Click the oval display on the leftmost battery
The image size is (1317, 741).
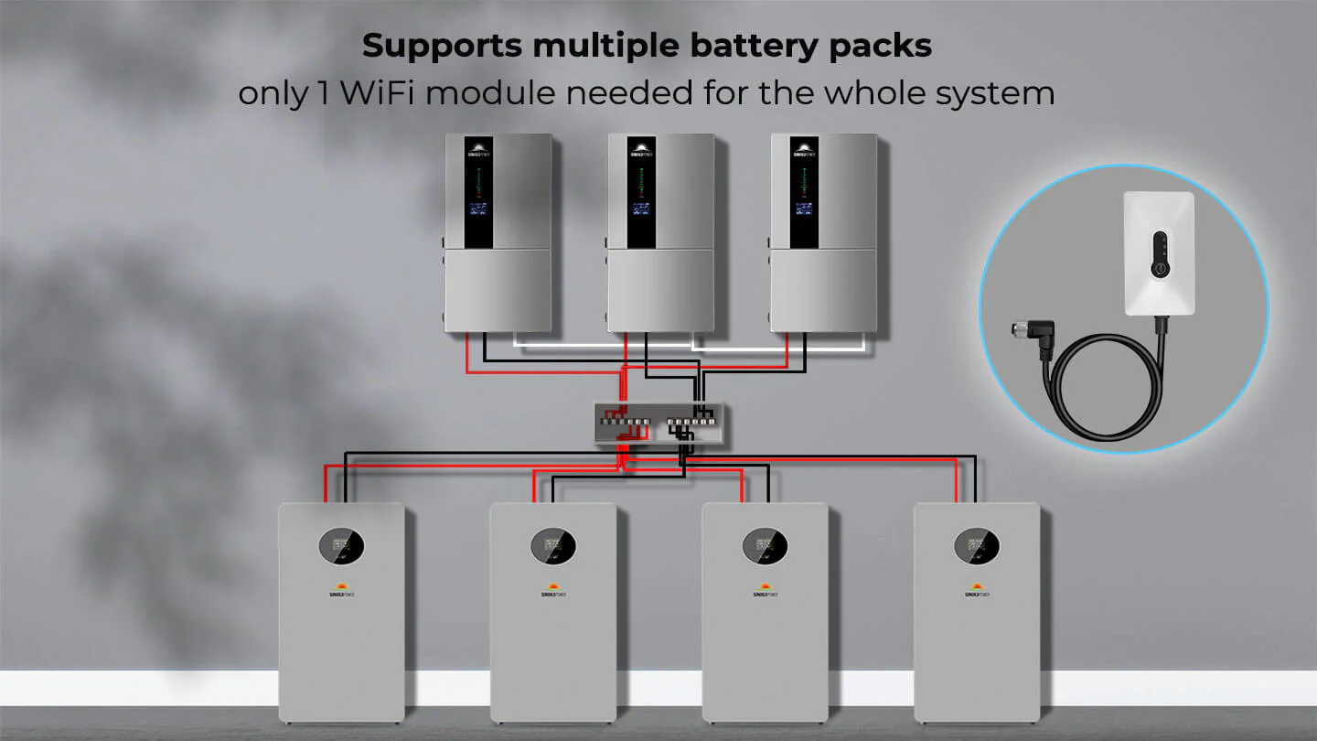[x=341, y=547]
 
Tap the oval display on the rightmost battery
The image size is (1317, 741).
[x=977, y=547]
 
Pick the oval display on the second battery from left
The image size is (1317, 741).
[x=553, y=547]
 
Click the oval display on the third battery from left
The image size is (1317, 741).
[x=766, y=547]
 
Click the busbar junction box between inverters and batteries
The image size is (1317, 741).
[x=662, y=424]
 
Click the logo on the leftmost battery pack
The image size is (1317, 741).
[x=341, y=590]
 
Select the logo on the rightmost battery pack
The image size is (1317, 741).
[x=977, y=590]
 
